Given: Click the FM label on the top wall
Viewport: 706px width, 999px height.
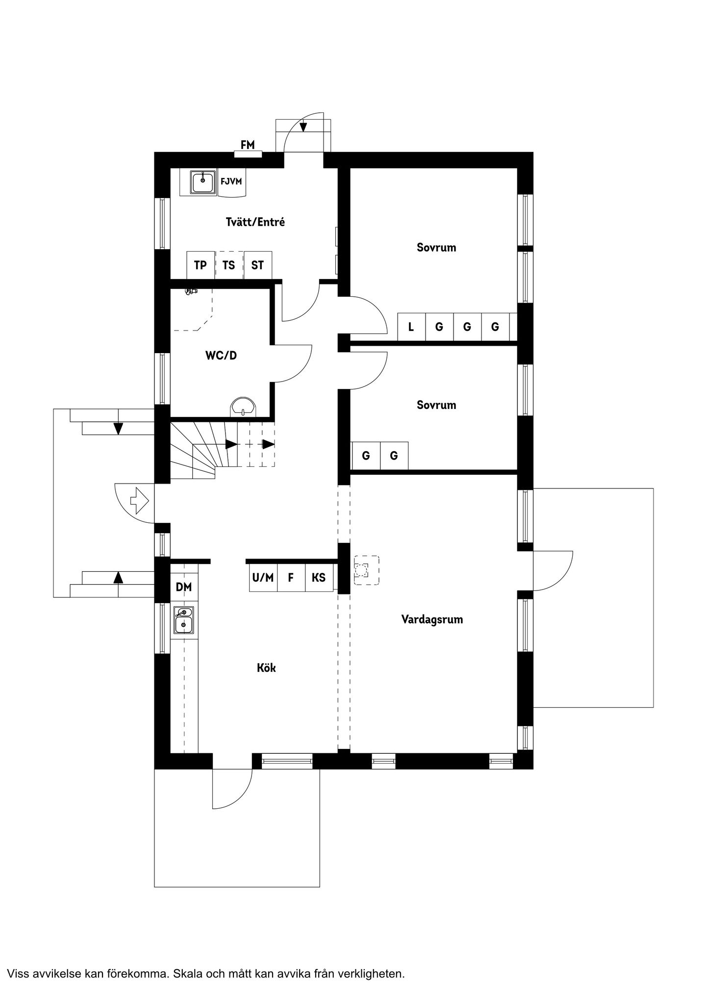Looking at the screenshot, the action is [248, 145].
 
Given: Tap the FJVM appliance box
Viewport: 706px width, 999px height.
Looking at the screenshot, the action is [231, 182].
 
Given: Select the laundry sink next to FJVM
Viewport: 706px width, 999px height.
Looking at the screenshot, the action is [202, 182].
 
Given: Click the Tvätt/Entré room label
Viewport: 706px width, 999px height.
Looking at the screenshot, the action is [255, 222].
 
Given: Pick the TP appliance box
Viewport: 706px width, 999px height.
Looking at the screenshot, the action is [201, 265].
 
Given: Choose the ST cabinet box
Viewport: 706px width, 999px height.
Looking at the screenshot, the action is [257, 265].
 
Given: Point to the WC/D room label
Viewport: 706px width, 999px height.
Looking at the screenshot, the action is [221, 356].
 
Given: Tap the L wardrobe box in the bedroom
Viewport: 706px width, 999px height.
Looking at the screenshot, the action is [411, 327].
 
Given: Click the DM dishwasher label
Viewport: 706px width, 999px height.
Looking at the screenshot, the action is [184, 587].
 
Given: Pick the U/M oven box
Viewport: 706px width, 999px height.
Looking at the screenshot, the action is [263, 578].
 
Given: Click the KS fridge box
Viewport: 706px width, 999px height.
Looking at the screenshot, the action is [319, 578].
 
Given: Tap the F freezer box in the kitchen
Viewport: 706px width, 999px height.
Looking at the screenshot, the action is [291, 578].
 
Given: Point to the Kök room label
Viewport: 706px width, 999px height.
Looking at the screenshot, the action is [267, 668].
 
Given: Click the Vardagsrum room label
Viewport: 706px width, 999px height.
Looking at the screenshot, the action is [432, 619].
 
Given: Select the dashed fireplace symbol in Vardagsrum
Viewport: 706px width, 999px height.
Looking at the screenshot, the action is [366, 570].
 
